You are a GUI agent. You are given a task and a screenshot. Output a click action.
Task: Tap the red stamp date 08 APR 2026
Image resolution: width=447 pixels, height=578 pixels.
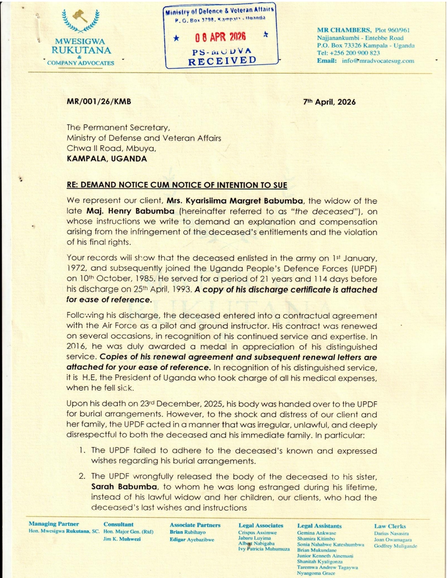[x=221, y=37]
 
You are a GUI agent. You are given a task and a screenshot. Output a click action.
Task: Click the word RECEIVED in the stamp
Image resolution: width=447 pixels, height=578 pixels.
[x=222, y=61]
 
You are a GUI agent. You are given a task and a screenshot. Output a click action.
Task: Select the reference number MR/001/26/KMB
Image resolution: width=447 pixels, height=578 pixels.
[x=99, y=101]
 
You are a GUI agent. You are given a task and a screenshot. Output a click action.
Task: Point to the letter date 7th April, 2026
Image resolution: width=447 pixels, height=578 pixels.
[x=329, y=102]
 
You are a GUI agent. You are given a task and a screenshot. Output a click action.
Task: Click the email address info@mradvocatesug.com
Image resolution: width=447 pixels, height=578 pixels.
[x=378, y=61]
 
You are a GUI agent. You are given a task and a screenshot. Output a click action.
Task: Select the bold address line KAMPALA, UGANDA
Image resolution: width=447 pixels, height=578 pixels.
[x=107, y=158]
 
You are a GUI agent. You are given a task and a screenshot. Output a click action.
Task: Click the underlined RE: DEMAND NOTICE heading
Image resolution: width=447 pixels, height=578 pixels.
[x=177, y=185]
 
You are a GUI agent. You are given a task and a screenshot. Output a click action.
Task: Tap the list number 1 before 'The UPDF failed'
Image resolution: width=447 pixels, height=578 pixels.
[x=83, y=450]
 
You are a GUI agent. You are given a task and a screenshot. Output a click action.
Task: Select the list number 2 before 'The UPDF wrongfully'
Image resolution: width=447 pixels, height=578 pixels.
[x=82, y=476]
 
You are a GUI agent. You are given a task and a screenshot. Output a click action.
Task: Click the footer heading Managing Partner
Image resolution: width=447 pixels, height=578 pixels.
[x=54, y=524]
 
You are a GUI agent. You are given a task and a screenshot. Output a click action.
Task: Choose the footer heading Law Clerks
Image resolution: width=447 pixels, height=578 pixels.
[x=390, y=526]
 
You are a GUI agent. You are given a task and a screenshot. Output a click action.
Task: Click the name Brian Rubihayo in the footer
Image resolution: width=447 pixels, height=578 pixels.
[x=187, y=532]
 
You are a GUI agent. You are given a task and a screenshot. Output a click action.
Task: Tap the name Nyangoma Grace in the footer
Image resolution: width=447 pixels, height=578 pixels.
[x=316, y=573]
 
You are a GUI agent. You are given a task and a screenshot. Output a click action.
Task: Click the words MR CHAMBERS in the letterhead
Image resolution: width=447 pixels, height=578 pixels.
[x=344, y=30]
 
